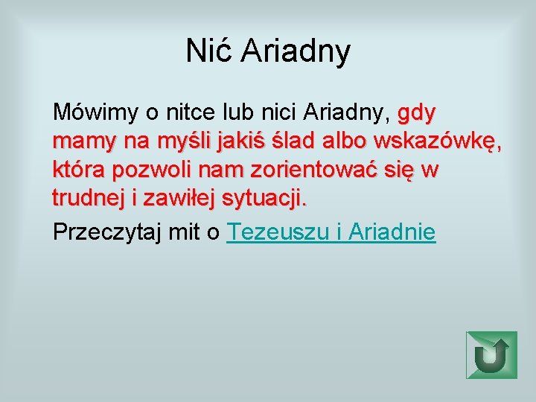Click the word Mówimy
(x=95, y=113)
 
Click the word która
(x=79, y=170)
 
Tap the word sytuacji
(x=260, y=200)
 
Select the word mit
(x=184, y=232)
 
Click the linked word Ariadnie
(x=392, y=232)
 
